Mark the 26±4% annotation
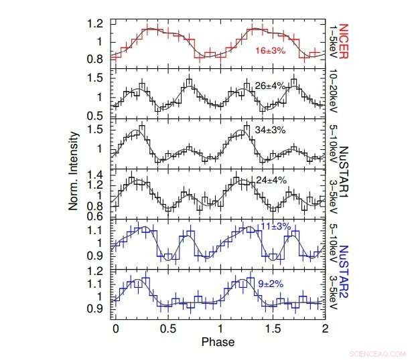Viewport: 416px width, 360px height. [271, 86]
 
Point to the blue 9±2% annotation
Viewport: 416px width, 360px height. [271, 284]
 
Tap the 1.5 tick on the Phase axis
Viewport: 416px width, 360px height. [272, 329]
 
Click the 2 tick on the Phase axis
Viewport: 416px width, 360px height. [325, 329]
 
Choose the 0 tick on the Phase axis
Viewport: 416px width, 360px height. [116, 329]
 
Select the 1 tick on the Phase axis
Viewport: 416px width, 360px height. [220, 329]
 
